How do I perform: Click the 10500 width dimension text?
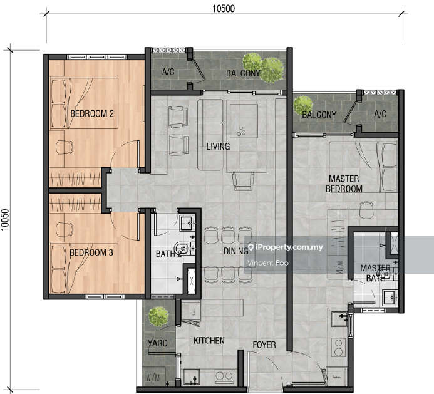[224, 9]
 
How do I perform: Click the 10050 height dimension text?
[5, 220]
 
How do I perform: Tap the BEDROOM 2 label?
[92, 113]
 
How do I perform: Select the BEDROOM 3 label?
[91, 252]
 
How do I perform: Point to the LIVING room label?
[218, 146]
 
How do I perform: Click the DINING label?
[236, 251]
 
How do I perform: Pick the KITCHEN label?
[209, 341]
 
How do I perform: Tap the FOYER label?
[264, 345]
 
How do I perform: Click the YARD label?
[157, 343]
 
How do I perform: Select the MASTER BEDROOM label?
[344, 184]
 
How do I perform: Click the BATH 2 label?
[168, 253]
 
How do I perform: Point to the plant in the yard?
[158, 316]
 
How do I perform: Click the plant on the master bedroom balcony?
[303, 105]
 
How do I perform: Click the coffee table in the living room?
[244, 121]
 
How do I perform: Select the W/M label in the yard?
[153, 377]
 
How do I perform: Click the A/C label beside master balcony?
[380, 114]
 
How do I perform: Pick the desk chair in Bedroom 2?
[65, 147]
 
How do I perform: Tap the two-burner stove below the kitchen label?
[224, 376]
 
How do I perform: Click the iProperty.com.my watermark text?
[286, 247]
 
